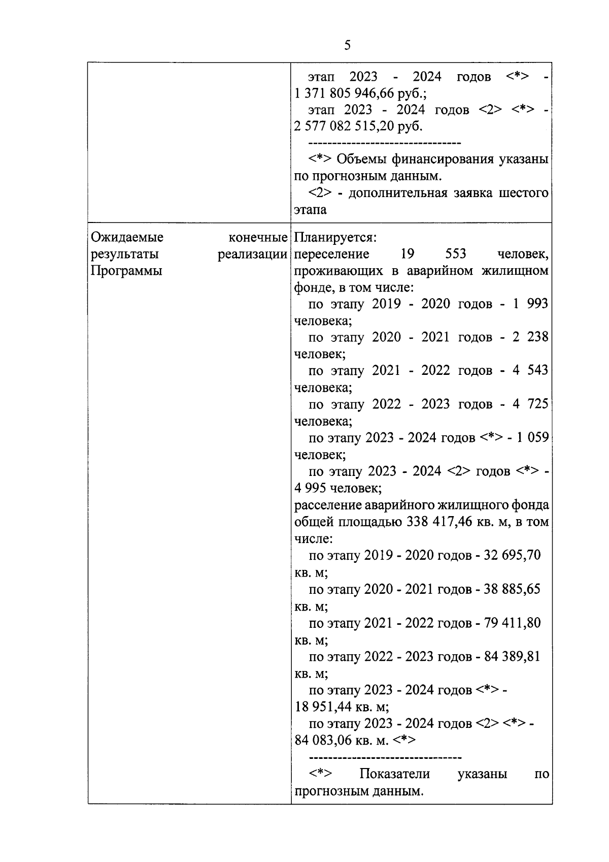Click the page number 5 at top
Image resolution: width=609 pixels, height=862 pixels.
(x=347, y=46)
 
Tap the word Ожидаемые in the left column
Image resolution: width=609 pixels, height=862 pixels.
(x=127, y=238)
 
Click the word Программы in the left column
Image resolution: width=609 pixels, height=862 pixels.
(x=126, y=271)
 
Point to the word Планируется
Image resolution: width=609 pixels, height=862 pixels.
(x=335, y=238)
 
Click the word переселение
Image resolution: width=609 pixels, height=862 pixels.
(x=332, y=254)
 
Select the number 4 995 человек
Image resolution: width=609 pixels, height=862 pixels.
(x=338, y=489)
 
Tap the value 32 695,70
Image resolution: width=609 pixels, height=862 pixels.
(x=512, y=555)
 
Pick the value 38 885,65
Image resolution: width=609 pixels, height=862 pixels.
(x=512, y=589)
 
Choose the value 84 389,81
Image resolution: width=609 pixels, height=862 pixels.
(x=512, y=657)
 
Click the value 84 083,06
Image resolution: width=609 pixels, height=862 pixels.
(x=323, y=741)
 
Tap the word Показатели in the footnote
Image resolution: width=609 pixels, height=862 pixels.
(x=394, y=774)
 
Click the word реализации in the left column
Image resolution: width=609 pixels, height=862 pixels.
(x=252, y=254)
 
